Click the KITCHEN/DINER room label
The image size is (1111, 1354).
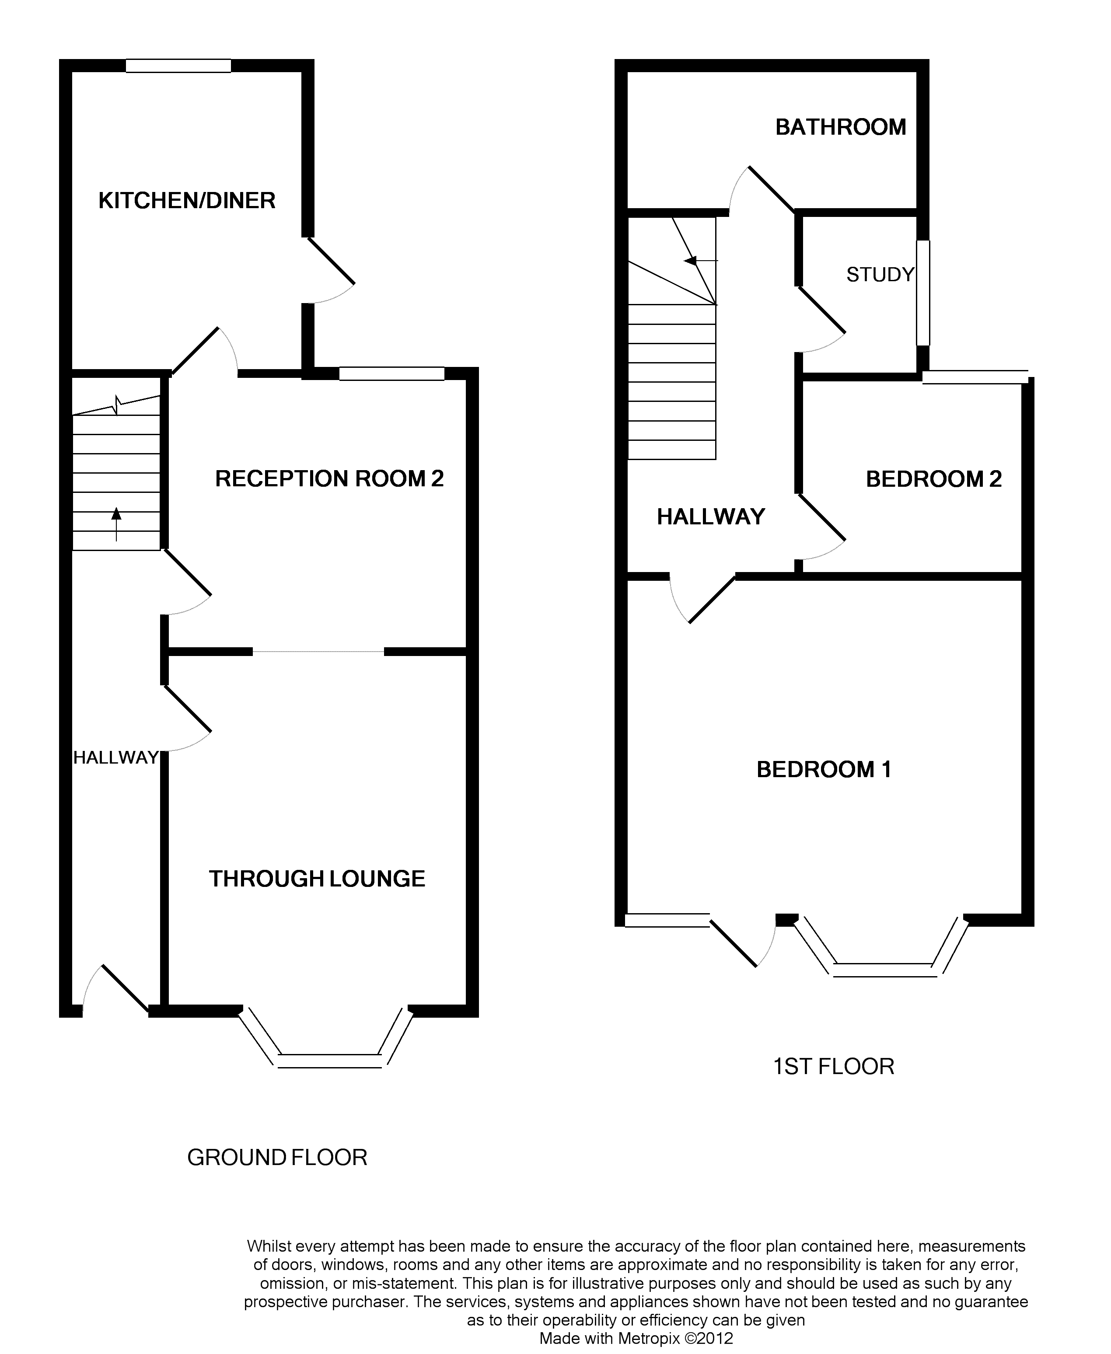point(187,201)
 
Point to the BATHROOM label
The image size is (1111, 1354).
point(840,127)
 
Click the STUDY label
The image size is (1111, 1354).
point(880,275)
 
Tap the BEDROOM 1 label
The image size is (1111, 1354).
point(824,769)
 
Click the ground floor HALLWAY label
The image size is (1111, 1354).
point(116,757)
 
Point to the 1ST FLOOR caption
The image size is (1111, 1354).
point(833,1067)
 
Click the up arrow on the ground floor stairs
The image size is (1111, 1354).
point(116,521)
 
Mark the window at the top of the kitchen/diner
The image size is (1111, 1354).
point(178,65)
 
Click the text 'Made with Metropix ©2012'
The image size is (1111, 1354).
point(636,1339)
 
